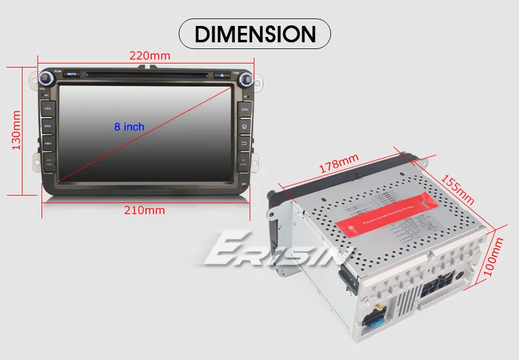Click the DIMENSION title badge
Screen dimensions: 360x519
(255, 34)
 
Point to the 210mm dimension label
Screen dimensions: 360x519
(145, 210)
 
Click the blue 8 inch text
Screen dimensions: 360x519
(129, 126)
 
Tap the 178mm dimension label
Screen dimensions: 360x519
(339, 163)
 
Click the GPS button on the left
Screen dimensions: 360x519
(48, 108)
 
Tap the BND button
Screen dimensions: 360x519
(48, 126)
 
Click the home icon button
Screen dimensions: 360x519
(244, 126)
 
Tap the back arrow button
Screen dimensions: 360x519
(244, 143)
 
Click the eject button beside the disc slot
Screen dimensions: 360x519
(222, 74)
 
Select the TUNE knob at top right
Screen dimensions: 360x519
(246, 79)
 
